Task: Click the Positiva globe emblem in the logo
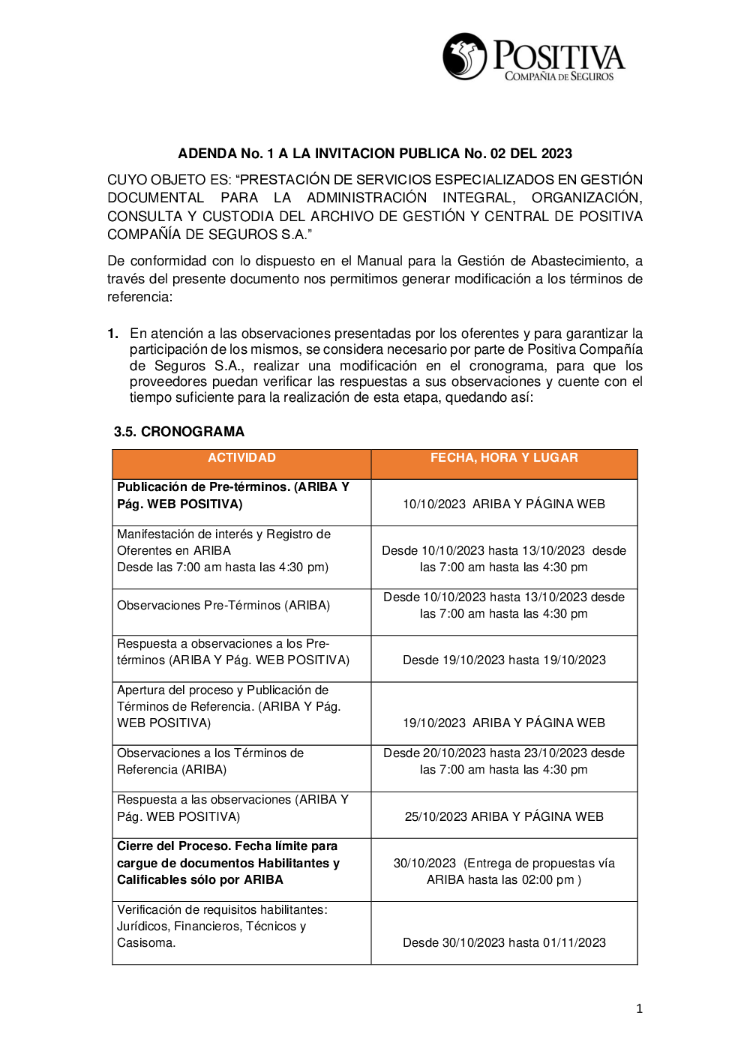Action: point(465,56)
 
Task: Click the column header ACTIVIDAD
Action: point(241,458)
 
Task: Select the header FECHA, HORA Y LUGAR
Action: point(504,458)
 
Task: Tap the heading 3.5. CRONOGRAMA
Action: point(179,432)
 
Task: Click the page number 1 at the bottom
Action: point(639,1009)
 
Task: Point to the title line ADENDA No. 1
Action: point(375,154)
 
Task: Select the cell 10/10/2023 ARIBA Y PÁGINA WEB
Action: point(504,504)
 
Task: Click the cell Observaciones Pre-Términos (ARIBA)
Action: point(223,606)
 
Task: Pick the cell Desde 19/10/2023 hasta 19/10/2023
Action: point(504,660)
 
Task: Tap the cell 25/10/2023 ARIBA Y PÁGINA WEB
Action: point(504,816)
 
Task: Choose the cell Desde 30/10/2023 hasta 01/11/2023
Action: point(504,943)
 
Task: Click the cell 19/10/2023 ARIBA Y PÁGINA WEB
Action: point(504,723)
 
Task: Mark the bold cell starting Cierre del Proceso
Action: point(228,863)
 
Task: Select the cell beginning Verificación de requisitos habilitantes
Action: point(222,926)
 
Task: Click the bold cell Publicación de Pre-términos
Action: point(232,496)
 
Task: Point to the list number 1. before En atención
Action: point(112,334)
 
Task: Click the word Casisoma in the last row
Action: point(145,943)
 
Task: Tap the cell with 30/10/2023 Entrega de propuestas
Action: point(504,871)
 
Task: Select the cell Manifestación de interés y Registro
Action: point(223,551)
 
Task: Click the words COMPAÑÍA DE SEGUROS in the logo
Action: point(559,76)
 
